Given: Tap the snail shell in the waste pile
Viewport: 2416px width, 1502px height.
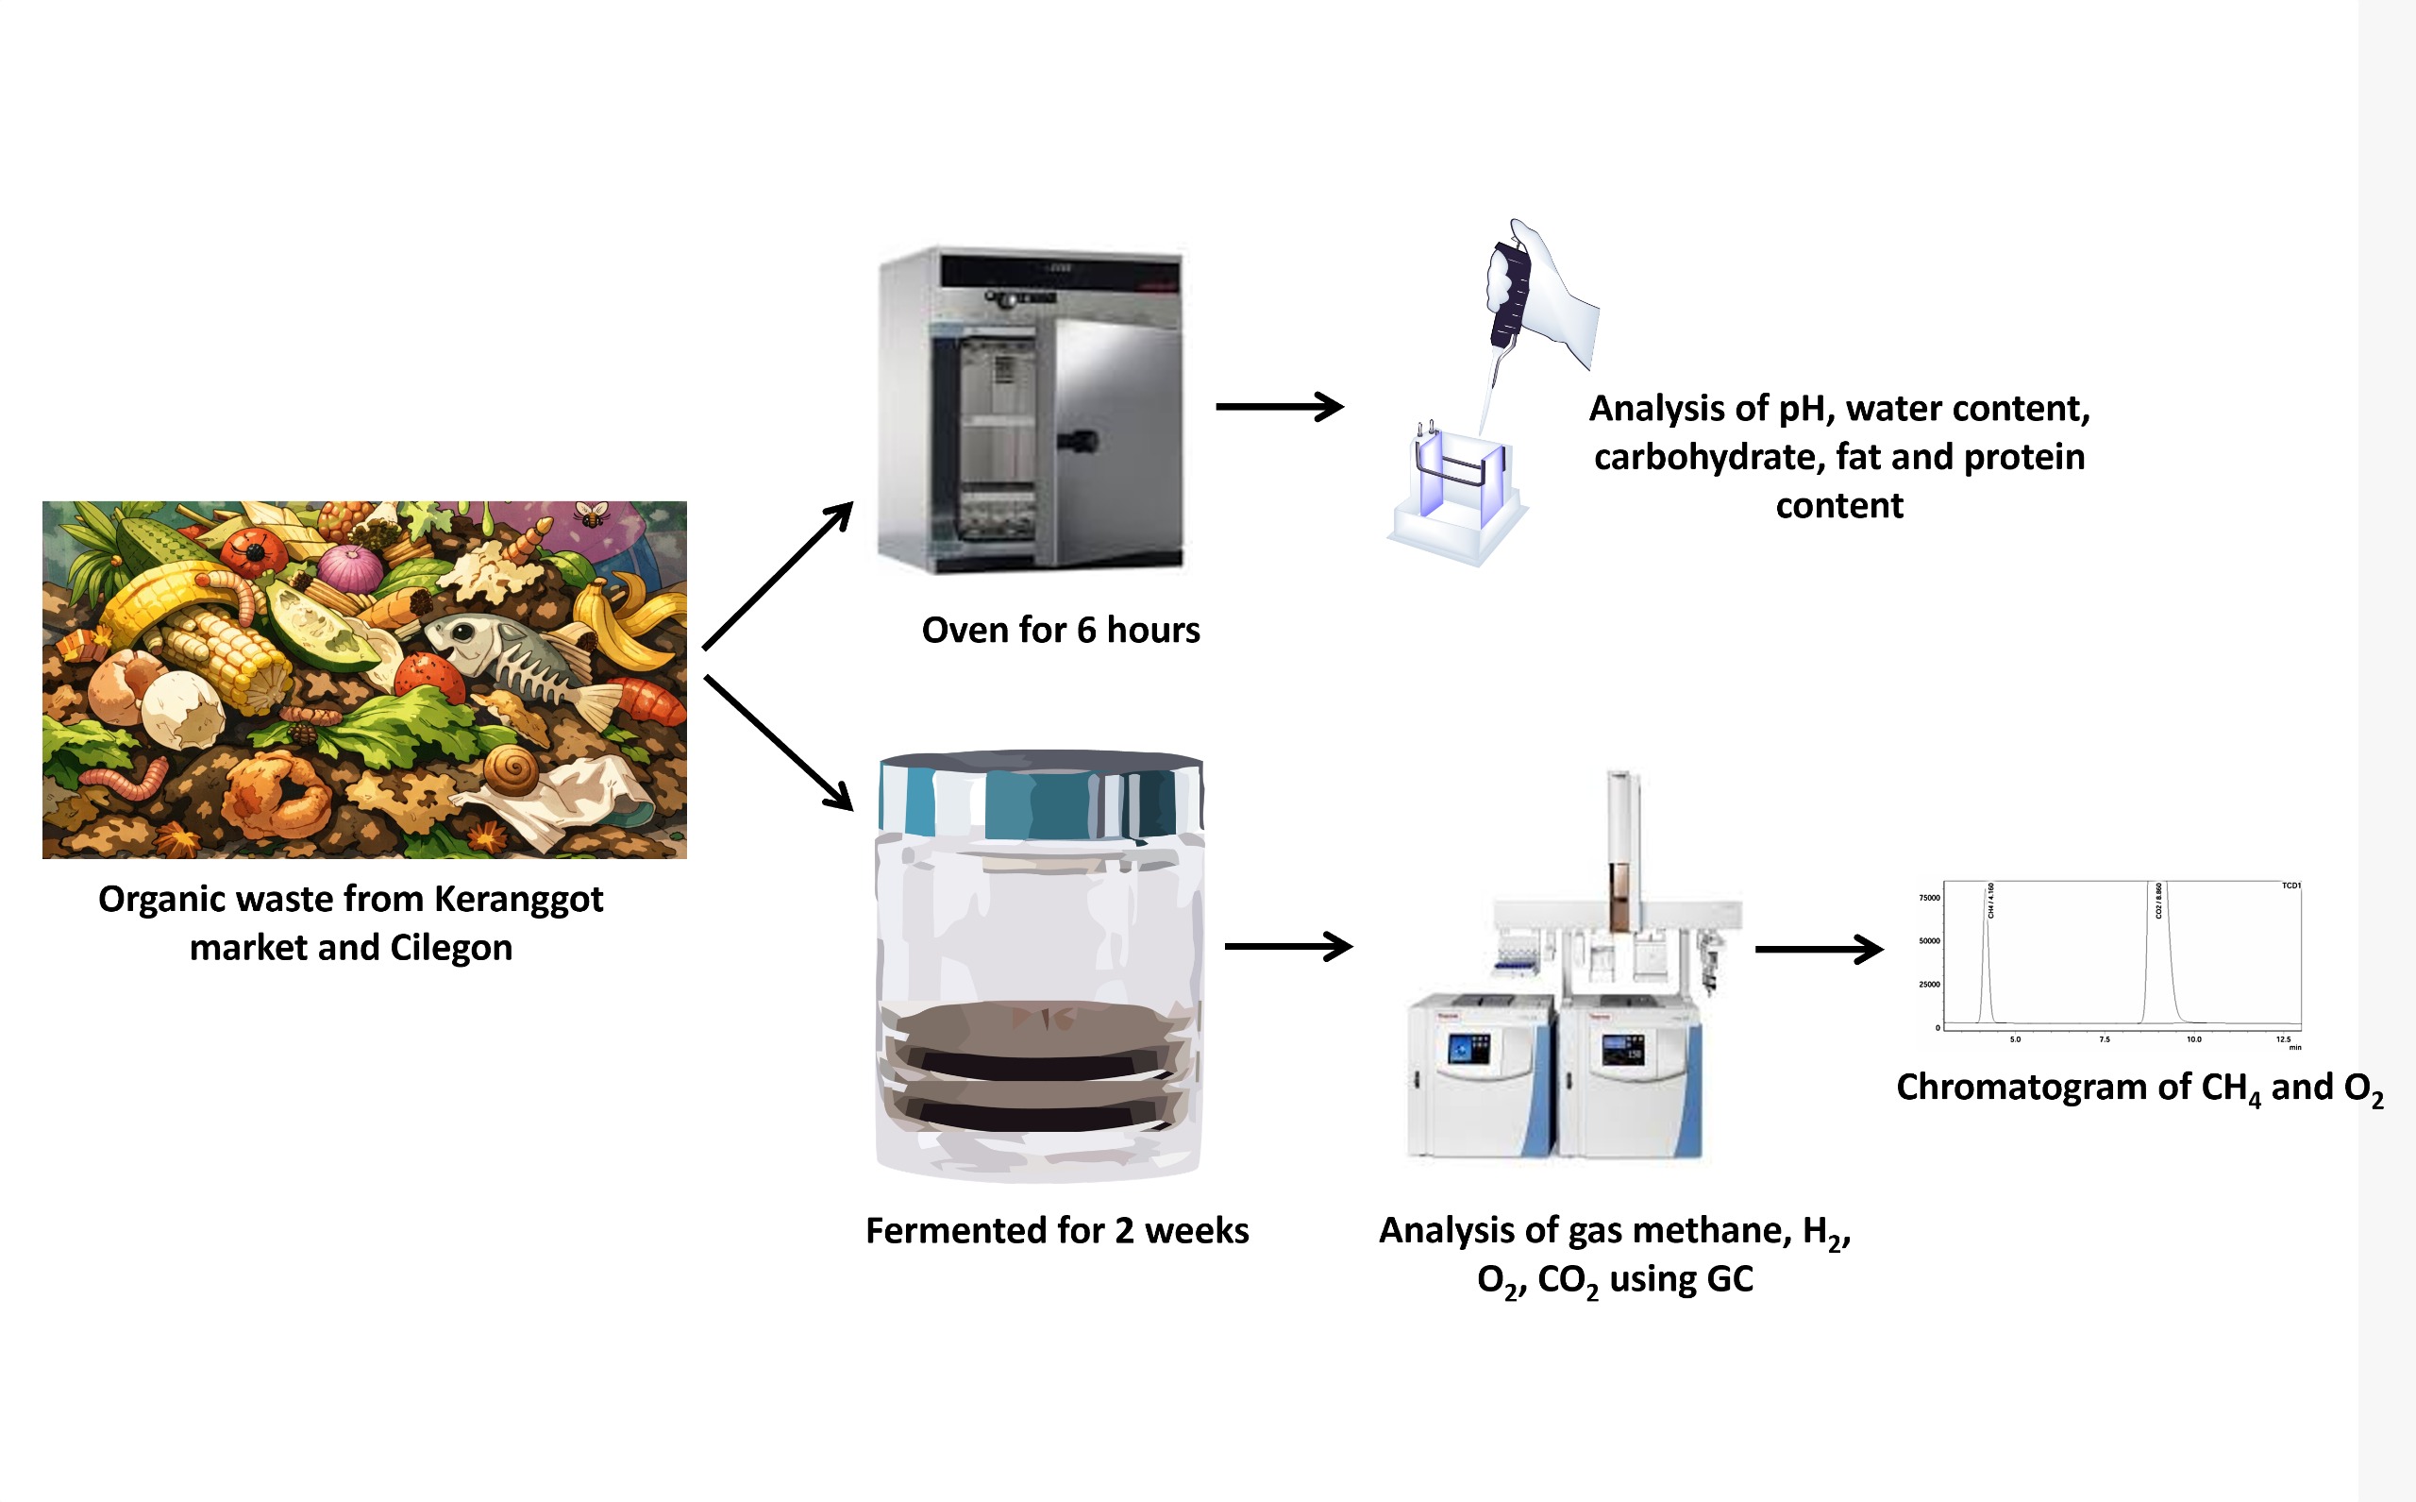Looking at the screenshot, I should pyautogui.click(x=512, y=768).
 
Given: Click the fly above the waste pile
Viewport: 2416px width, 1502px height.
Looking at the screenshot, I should pyautogui.click(x=592, y=514).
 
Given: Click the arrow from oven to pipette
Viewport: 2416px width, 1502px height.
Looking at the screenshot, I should pyautogui.click(x=1279, y=406).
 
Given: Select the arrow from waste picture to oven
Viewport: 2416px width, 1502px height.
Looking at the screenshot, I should pyautogui.click(x=777, y=576).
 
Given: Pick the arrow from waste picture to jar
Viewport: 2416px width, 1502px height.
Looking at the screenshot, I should pyautogui.click(x=778, y=742).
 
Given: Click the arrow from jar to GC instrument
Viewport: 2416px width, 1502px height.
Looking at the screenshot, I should pyautogui.click(x=1288, y=947).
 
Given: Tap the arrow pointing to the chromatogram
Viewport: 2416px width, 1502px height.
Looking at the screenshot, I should pyautogui.click(x=1819, y=950).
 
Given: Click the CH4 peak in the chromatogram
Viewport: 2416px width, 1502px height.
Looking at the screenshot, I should pyautogui.click(x=1986, y=954).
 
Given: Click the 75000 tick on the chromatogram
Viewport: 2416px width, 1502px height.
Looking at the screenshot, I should pyautogui.click(x=1928, y=898).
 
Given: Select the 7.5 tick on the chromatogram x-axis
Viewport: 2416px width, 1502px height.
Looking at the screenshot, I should pyautogui.click(x=2105, y=1039).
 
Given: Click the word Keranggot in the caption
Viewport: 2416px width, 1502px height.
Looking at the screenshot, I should pyautogui.click(x=518, y=899).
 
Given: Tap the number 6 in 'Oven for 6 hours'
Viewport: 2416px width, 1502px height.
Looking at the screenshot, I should pyautogui.click(x=1086, y=630).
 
